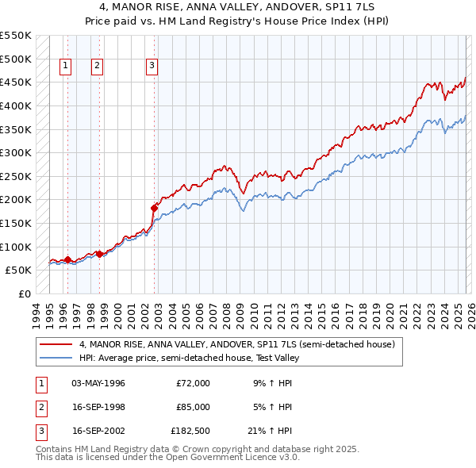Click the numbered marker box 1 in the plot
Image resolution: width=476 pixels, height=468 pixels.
pyautogui.click(x=64, y=67)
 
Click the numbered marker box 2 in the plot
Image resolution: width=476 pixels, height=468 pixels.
pyautogui.click(x=97, y=67)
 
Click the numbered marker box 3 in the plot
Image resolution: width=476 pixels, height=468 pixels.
pyautogui.click(x=152, y=67)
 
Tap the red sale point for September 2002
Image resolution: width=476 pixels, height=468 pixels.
pyautogui.click(x=154, y=208)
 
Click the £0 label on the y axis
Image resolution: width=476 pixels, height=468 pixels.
pyautogui.click(x=24, y=293)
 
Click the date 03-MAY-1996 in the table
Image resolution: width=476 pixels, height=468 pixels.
pyautogui.click(x=98, y=383)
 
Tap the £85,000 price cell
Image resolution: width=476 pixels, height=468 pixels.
pyautogui.click(x=194, y=407)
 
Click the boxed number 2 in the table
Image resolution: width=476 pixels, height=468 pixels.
pyautogui.click(x=39, y=407)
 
